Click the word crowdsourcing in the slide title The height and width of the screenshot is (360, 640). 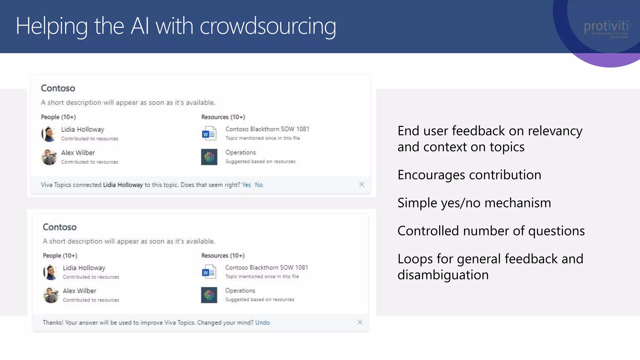pos(268,27)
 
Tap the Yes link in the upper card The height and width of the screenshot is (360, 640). pos(246,185)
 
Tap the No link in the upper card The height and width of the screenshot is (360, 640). pos(259,185)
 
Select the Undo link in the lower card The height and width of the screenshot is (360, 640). pos(262,322)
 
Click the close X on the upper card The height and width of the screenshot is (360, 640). pos(362,184)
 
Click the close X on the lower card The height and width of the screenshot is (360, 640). pos(360,322)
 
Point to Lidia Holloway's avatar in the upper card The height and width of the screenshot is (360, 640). pos(49,134)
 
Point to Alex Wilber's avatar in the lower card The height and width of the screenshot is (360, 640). pos(51,295)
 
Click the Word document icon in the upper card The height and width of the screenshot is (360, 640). pos(209,133)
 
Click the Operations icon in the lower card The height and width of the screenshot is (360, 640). pos(209,295)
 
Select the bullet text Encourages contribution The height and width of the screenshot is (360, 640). pos(469,175)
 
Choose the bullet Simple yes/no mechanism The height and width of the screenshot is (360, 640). pos(474,203)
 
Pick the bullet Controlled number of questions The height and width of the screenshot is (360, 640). pos(491,231)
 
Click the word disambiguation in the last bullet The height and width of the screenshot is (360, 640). pos(443,275)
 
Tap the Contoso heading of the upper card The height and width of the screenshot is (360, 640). pos(58,88)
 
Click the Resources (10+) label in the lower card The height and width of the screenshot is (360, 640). pos(223,255)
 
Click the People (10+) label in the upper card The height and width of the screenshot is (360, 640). pos(58,117)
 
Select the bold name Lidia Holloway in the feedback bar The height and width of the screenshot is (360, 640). pos(123,185)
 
